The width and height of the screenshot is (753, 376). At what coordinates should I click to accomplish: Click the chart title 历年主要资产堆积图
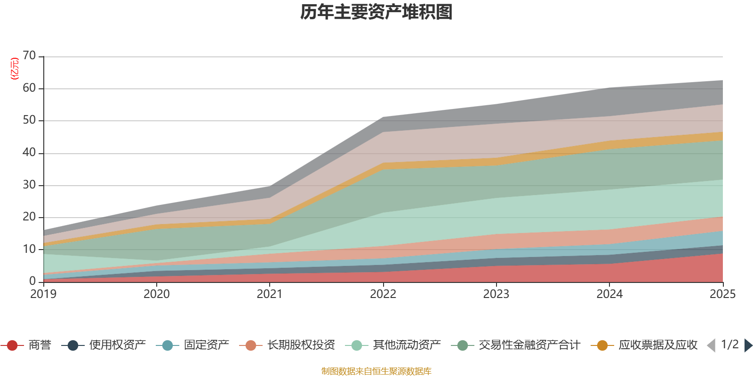tap(376, 12)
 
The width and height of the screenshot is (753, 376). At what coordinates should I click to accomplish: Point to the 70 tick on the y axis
tap(29, 56)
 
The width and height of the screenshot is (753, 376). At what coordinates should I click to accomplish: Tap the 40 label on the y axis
tap(29, 152)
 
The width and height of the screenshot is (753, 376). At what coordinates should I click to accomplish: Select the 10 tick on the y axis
tap(29, 249)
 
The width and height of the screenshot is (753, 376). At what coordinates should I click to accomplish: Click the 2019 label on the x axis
tap(43, 294)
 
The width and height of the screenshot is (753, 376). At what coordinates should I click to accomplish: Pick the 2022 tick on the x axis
tap(383, 294)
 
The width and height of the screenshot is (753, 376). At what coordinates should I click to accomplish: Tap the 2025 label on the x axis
tap(722, 294)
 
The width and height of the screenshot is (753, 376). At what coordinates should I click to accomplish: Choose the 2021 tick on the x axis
tap(270, 294)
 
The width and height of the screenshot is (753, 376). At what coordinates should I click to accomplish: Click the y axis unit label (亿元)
tap(15, 69)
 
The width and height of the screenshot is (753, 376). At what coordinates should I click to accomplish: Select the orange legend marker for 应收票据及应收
tap(602, 345)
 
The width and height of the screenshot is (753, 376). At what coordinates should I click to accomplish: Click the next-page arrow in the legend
tap(748, 345)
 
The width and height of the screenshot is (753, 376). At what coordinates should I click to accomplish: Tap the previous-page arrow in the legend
tap(711, 345)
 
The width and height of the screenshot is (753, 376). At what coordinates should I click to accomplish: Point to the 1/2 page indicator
tap(730, 345)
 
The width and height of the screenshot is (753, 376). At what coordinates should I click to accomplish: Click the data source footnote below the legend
tap(376, 371)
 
